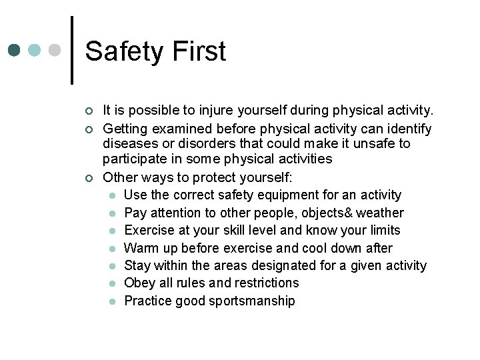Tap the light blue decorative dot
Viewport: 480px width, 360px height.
click(35, 51)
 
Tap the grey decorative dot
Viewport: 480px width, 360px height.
click(55, 51)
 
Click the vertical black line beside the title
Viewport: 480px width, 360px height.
click(72, 51)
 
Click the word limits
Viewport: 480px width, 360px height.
click(382, 231)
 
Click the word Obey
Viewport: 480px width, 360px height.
click(138, 283)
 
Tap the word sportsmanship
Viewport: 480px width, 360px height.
click(251, 301)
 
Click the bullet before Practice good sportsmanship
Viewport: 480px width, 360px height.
click(113, 301)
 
